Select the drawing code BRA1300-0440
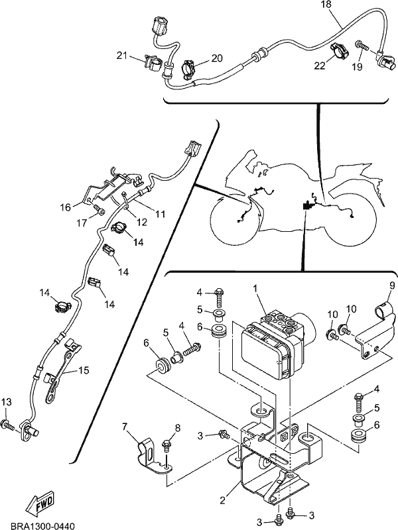(42, 525)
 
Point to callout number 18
(326, 5)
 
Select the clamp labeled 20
(188, 70)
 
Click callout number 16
(65, 207)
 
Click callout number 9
(392, 286)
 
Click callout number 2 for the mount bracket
(222, 500)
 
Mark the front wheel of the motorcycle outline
(237, 219)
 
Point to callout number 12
(142, 222)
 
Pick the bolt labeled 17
(99, 211)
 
